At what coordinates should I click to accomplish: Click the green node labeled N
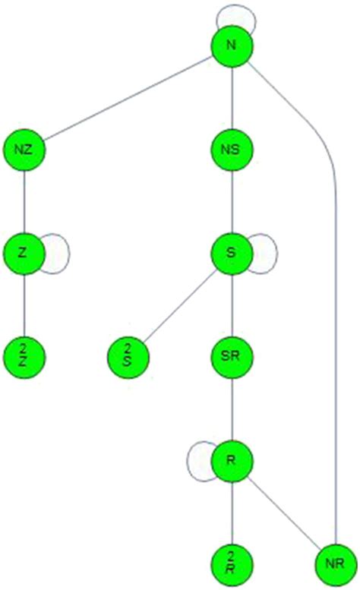232,45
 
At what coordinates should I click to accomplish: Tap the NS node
232,149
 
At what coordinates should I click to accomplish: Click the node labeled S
232,252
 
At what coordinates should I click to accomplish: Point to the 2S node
128,355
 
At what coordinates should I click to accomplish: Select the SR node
232,355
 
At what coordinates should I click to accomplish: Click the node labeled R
232,460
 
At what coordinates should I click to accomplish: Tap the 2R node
232,563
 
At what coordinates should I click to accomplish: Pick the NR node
334,563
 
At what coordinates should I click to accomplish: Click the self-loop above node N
232,10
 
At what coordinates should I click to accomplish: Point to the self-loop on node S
275,252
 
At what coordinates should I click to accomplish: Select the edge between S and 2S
180,304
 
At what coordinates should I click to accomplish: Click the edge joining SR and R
232,408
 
